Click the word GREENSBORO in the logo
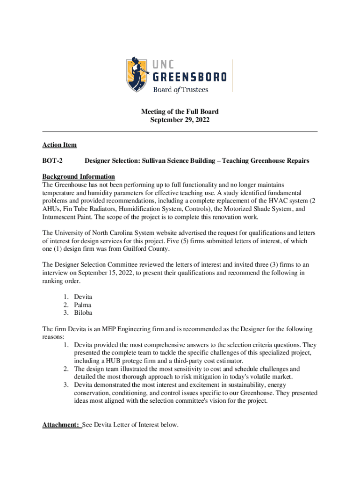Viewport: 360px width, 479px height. (190, 76)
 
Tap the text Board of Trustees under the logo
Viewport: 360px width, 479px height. (180, 90)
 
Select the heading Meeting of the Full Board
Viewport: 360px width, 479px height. (180, 112)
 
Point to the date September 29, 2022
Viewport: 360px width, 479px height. (180, 120)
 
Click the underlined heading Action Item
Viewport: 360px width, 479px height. (59, 145)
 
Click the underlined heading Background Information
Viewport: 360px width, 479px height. (79, 176)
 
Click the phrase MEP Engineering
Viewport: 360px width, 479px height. (122, 329)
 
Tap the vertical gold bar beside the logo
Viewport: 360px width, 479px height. (232, 75)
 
